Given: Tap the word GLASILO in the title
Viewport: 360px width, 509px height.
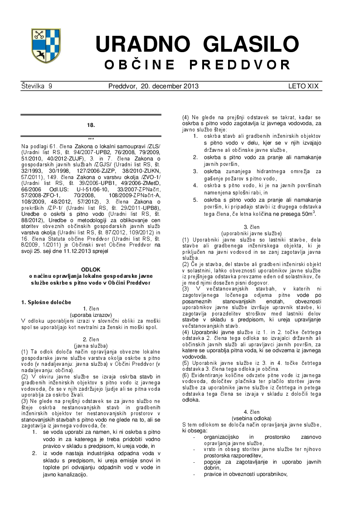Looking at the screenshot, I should pyautogui.click(x=251, y=44).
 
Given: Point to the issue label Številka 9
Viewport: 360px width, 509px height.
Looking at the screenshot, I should pyautogui.click(x=37, y=86).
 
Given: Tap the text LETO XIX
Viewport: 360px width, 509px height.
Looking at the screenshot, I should pyautogui.click(x=303, y=86).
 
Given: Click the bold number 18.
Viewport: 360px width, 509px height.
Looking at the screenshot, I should pyautogui.click(x=91, y=125).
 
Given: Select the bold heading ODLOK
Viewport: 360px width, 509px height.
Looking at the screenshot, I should pyautogui.click(x=91, y=269).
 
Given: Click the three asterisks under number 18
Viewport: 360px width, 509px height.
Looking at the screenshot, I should pyautogui.click(x=91, y=139).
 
